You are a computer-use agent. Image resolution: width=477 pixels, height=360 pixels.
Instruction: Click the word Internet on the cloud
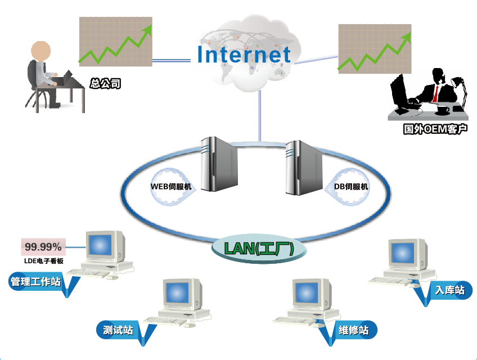244,55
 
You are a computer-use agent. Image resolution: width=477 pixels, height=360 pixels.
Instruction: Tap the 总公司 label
105,83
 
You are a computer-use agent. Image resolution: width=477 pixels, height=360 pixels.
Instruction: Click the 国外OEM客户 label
435,129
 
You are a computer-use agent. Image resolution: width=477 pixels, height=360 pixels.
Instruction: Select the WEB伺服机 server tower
219,164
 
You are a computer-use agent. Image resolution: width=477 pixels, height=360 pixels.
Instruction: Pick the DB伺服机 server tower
304,168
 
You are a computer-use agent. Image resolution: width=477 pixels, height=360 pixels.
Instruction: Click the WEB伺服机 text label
171,187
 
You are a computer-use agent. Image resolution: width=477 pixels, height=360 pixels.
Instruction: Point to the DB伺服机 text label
351,187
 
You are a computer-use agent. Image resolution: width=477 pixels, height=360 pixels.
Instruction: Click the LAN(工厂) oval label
259,248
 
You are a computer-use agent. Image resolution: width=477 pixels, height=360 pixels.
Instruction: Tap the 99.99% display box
43,247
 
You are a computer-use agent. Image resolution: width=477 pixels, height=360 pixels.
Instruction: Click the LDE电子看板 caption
44,261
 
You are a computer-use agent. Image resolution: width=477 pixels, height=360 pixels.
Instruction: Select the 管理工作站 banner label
36,281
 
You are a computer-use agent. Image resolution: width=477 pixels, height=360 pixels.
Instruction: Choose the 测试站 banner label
118,330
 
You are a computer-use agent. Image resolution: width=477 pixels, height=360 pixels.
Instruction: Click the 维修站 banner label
354,330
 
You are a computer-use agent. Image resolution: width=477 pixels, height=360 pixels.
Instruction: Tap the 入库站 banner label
450,290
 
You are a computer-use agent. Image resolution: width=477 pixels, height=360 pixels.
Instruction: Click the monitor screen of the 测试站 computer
177,292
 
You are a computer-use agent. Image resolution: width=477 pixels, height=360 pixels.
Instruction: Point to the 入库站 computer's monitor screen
403,253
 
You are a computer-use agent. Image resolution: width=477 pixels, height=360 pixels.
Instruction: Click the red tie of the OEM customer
435,94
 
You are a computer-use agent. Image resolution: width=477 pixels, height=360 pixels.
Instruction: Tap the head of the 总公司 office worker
40,51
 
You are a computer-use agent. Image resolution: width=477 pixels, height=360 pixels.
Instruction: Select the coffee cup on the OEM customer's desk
443,110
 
